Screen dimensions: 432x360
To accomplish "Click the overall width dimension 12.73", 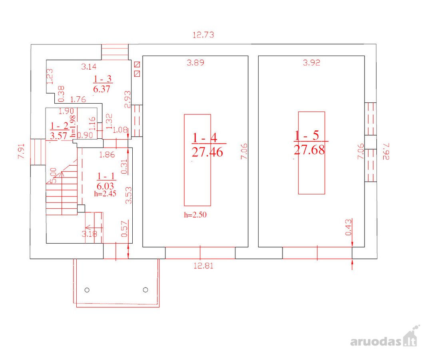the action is point(203,35).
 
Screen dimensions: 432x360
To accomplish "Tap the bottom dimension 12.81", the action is point(203,266).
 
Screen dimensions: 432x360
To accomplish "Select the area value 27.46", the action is point(207,152).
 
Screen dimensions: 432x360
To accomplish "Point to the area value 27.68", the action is point(309,150).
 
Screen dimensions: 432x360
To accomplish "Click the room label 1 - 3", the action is point(102,79).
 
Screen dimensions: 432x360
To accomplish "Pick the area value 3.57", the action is point(58,136).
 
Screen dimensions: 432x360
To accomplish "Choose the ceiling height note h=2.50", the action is point(195,215).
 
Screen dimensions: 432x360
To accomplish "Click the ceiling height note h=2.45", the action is point(105,194).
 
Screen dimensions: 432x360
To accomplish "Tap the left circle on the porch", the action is point(87,290).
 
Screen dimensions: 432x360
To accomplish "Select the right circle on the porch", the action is point(145,290).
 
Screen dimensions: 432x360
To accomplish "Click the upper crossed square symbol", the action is point(137,64).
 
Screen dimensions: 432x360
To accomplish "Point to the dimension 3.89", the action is point(195,63).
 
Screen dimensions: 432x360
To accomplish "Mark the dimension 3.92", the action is point(312,63).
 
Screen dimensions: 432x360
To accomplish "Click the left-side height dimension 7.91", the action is point(22,151).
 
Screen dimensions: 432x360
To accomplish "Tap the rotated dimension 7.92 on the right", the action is point(386,151).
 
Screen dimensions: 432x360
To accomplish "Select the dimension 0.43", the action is point(348,227).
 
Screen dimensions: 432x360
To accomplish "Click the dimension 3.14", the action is point(89,66).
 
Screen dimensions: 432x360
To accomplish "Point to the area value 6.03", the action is point(105,186).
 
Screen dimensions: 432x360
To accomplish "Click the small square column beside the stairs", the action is point(81,208).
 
